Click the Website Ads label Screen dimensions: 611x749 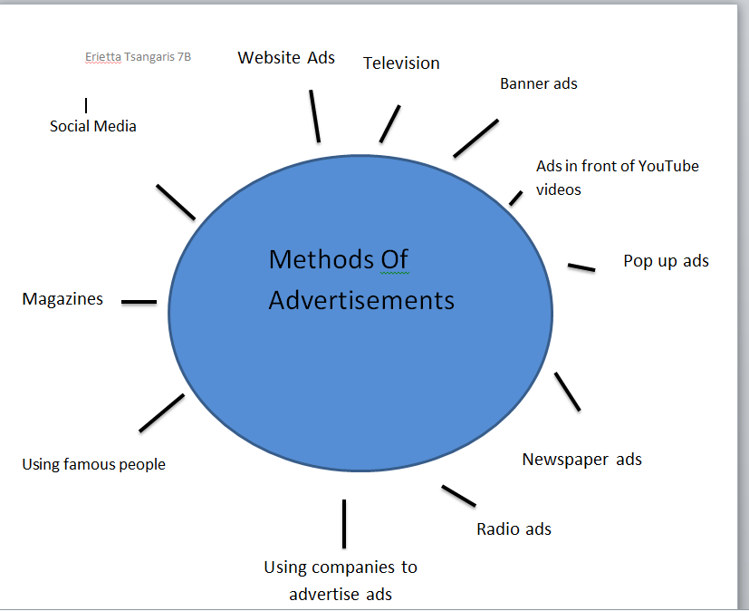[286, 58]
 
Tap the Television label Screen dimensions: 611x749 [401, 63]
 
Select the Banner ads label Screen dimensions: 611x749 [538, 83]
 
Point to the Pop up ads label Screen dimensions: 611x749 [666, 261]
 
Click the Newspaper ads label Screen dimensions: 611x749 [581, 460]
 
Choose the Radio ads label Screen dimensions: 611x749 [514, 529]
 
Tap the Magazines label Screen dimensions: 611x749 [62, 299]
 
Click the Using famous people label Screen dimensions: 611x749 [93, 465]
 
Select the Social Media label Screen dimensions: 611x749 [93, 127]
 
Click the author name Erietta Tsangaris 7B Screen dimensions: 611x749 [138, 57]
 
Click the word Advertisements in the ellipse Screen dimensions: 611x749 [361, 300]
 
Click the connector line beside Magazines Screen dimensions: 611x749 [139, 302]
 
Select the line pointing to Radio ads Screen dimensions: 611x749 [458, 496]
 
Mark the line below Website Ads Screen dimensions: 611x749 [314, 115]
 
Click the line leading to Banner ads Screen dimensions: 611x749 [475, 138]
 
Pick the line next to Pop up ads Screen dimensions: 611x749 [581, 267]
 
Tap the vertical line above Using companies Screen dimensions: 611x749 [344, 523]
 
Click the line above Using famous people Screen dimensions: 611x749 [161, 412]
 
